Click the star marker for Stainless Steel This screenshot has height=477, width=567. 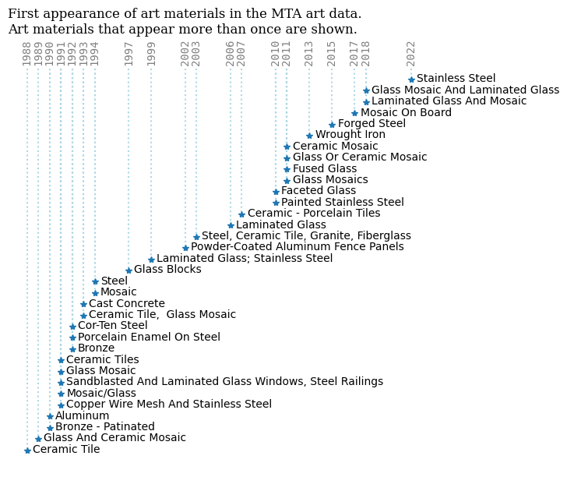(411, 79)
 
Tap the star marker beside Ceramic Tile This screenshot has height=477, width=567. (27, 450)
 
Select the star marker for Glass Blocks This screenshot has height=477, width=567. (129, 270)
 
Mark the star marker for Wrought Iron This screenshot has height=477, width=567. (309, 136)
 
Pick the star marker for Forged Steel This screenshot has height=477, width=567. (332, 125)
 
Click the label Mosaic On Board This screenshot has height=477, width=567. (395, 113)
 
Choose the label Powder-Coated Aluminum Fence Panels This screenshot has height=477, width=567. (297, 247)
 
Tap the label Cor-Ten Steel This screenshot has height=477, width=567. (112, 326)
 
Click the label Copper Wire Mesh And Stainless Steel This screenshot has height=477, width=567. (168, 405)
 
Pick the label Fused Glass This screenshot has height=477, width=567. (324, 169)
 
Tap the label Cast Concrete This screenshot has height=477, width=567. (126, 304)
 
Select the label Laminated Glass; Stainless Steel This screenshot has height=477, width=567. (245, 259)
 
